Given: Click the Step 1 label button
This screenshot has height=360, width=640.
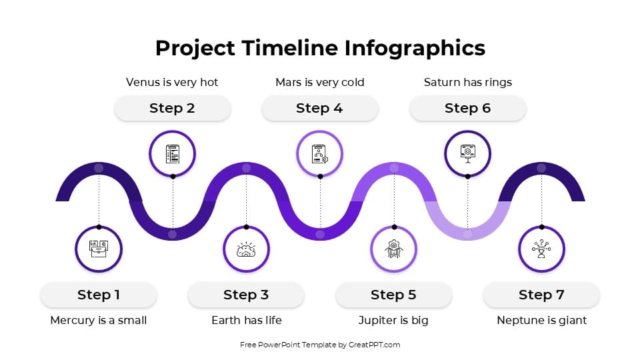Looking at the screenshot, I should [99, 295].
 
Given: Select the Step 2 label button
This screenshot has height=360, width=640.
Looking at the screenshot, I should [172, 108].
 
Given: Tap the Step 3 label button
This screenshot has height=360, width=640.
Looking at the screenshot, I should [246, 295].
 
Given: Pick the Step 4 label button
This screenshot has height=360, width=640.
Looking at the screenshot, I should [319, 108].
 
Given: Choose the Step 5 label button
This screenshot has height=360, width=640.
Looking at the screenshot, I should [393, 295].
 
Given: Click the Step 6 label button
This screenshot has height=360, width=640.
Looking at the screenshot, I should [467, 108].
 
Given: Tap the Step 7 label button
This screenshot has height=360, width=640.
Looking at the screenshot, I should [541, 295].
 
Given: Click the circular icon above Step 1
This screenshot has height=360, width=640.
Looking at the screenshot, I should [99, 249].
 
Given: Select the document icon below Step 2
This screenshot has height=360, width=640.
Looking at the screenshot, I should [172, 154].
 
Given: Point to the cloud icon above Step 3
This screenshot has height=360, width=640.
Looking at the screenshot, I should [246, 249].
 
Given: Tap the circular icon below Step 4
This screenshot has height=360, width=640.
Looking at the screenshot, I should [319, 154].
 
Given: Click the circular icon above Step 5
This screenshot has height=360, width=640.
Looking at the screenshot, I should [393, 249].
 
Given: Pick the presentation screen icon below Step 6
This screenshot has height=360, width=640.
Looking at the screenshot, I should [467, 154].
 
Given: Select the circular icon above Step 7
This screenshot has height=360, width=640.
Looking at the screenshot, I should [541, 249].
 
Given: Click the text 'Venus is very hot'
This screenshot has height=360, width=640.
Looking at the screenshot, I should [172, 83].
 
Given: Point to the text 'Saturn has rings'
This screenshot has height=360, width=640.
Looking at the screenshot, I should [467, 83].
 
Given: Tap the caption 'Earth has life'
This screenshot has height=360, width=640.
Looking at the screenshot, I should [246, 321].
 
